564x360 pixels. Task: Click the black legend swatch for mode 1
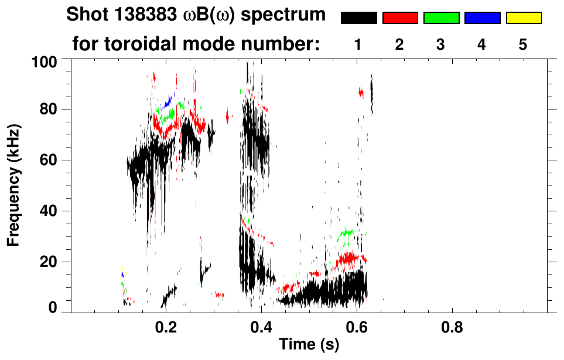pos(358,18)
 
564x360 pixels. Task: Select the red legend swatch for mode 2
pos(400,18)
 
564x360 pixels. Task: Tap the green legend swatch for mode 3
pos(441,18)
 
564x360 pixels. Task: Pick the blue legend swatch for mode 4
pos(482,18)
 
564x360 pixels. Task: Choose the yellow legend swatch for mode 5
pos(523,18)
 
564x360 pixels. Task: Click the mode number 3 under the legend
pos(441,44)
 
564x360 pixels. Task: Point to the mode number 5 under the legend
pos(523,44)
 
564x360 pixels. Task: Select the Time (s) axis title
pos(308,345)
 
